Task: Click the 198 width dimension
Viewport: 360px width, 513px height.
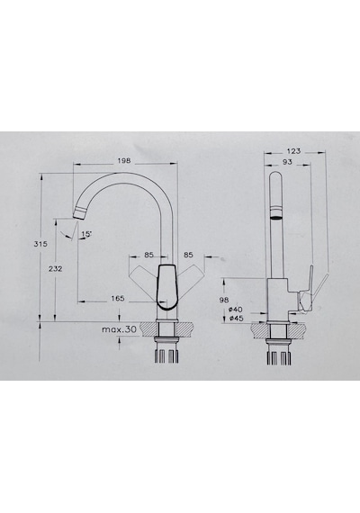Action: tap(124, 160)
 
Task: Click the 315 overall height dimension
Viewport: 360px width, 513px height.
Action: tap(40, 244)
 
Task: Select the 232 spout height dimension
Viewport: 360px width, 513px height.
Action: tap(55, 268)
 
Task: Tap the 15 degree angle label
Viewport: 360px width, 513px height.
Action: tap(86, 234)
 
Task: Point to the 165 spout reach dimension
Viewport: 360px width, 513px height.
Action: tap(118, 299)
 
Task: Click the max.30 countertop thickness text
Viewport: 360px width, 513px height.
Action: tap(119, 329)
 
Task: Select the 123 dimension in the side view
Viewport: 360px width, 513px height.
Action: tap(293, 151)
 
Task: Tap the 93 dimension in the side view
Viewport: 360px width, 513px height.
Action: tap(287, 162)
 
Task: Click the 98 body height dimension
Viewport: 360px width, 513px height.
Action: tap(224, 300)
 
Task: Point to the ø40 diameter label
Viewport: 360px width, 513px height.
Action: tap(236, 310)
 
